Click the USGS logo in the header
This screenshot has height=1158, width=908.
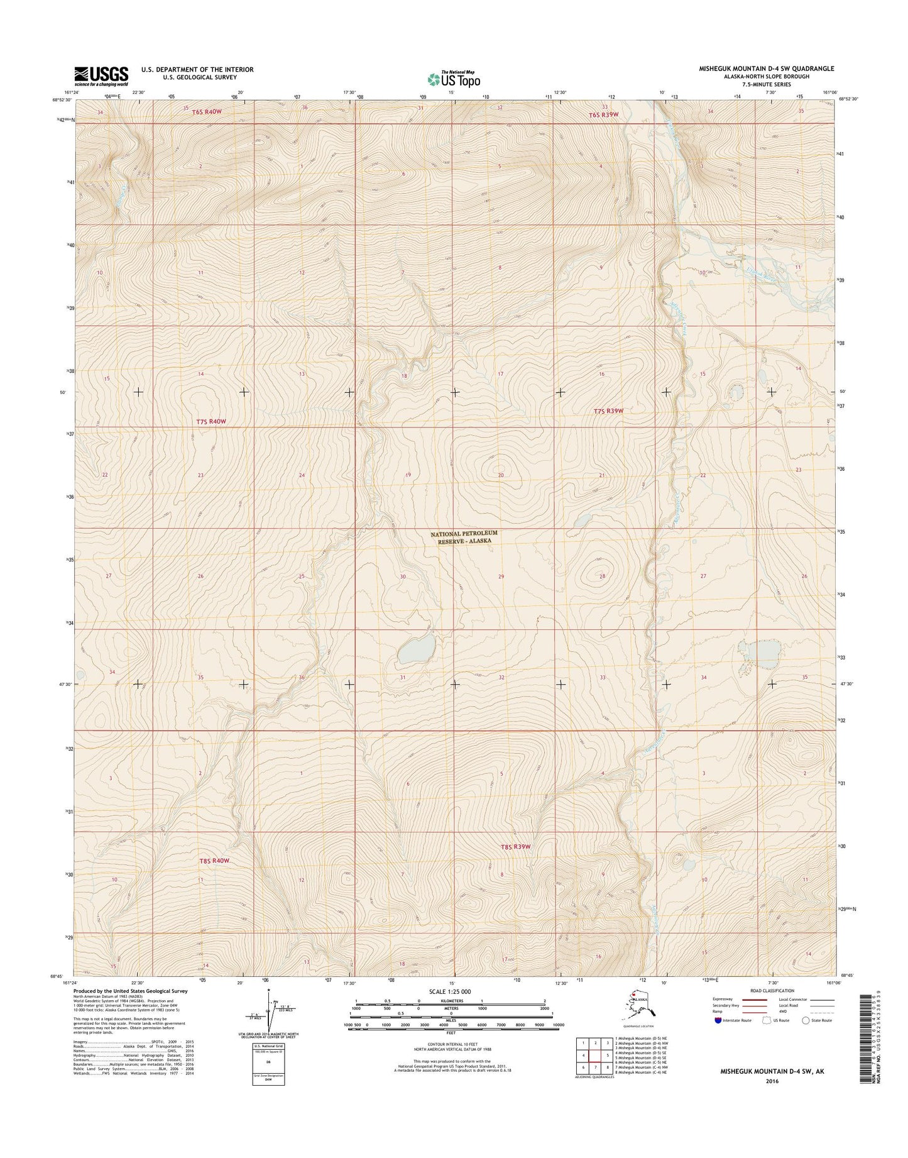101,75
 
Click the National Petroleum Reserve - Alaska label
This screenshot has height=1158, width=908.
464,536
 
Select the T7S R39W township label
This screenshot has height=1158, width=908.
608,411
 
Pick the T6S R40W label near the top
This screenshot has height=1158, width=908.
205,112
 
